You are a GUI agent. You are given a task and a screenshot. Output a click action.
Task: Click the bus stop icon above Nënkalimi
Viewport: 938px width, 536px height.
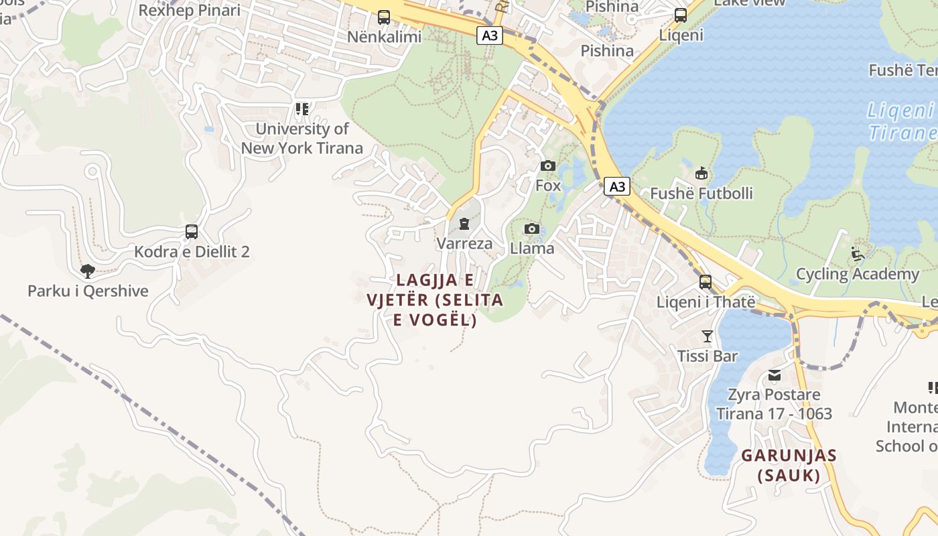(384, 17)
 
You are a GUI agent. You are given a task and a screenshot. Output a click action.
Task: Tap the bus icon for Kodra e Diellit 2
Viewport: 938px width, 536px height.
(192, 232)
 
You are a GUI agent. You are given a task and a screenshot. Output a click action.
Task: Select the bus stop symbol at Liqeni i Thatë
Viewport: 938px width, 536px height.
(706, 282)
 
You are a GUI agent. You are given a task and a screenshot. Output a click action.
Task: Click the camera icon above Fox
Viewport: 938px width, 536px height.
(548, 165)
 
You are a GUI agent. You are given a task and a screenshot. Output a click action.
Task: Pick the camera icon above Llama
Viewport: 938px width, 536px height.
(532, 229)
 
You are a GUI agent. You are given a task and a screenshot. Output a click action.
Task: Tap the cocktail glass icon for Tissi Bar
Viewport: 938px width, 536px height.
(708, 336)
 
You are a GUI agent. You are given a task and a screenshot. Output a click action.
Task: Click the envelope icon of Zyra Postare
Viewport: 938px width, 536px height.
(775, 375)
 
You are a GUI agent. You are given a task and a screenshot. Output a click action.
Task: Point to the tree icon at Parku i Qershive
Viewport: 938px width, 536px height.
(87, 271)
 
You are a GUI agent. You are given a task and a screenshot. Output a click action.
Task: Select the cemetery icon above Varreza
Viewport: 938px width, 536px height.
(464, 224)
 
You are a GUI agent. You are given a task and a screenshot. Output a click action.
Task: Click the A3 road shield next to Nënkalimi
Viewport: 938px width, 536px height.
(490, 36)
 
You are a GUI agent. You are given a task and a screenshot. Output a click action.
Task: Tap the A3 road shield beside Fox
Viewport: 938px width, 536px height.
(617, 186)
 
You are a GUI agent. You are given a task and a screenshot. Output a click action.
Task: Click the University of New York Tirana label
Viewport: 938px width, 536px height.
(302, 139)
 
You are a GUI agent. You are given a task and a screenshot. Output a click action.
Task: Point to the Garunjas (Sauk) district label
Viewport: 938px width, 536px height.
(789, 466)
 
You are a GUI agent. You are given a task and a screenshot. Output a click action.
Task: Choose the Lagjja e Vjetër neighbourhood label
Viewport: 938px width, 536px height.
(435, 300)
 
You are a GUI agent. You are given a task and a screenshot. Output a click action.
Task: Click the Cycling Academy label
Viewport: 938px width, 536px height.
(858, 274)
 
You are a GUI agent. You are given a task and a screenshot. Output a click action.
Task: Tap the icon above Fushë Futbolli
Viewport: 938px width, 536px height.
(701, 174)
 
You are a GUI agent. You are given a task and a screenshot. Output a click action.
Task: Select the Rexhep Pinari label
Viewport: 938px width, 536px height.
(189, 10)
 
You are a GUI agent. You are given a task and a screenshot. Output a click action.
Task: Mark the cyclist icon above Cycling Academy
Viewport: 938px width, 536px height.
(858, 254)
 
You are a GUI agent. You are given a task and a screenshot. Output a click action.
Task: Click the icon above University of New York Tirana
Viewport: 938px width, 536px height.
(302, 109)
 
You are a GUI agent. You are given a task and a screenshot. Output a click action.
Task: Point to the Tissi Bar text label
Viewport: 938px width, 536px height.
(708, 356)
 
